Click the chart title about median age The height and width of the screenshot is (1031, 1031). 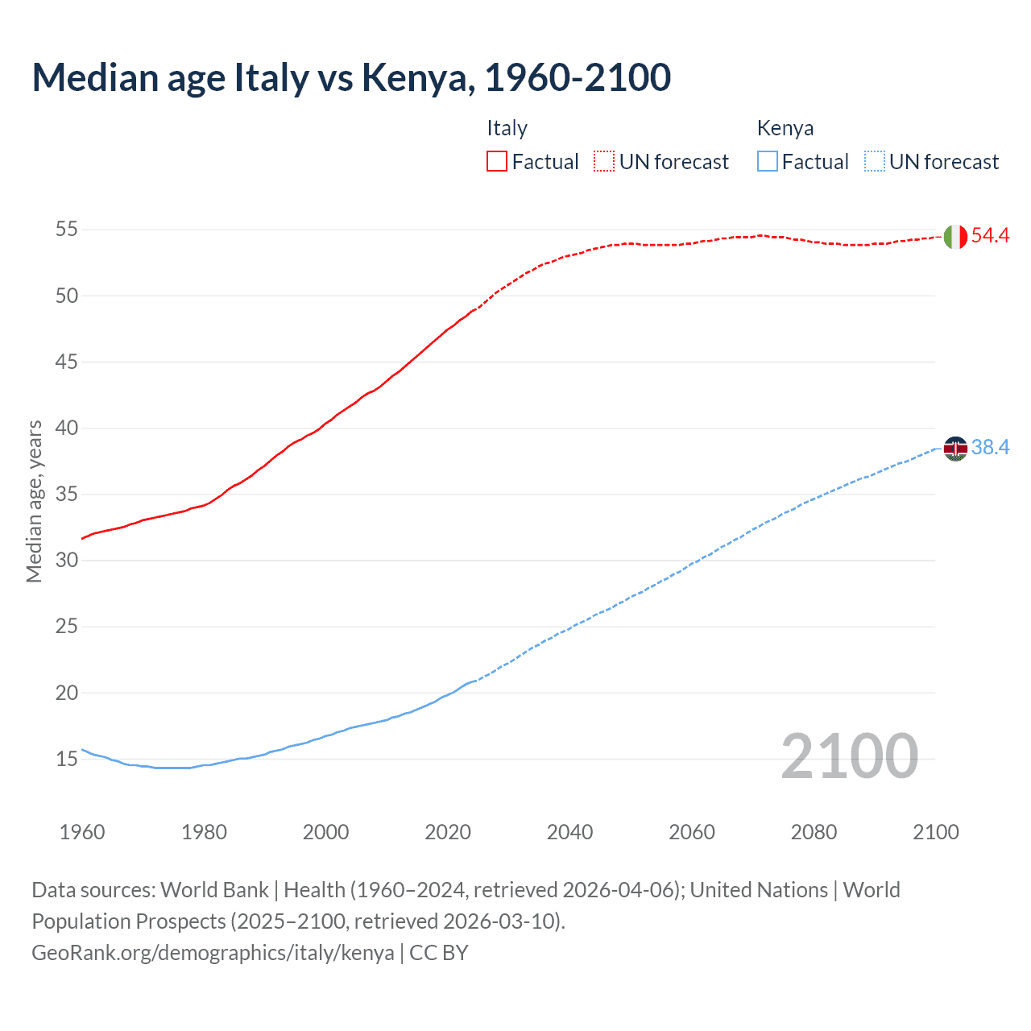point(351,78)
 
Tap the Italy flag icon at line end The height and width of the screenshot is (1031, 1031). point(955,237)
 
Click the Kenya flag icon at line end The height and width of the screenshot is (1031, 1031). point(955,448)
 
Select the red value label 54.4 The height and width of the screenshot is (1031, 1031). point(990,236)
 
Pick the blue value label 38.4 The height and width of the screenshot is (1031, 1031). point(990,448)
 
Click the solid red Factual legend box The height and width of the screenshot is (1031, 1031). point(497,162)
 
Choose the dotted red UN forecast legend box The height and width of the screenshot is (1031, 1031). point(604,162)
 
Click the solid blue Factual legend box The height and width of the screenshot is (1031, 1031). point(767,162)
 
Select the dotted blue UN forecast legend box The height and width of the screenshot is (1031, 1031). point(874,162)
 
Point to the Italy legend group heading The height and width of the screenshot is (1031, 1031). point(507,128)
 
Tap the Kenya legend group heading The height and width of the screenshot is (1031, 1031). point(785,128)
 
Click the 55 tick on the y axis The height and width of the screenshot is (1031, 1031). point(66,230)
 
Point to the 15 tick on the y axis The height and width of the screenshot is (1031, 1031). point(66,759)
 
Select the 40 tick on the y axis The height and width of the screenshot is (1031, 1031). point(66,428)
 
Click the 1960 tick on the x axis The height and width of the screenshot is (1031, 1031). point(82,832)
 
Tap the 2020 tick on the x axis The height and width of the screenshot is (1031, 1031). point(448,832)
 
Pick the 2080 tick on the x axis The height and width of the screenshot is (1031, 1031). point(814,832)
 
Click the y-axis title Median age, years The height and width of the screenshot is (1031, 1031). point(34,501)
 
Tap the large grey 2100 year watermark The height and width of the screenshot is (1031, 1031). point(849,756)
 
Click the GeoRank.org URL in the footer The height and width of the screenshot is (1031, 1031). point(213,953)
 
